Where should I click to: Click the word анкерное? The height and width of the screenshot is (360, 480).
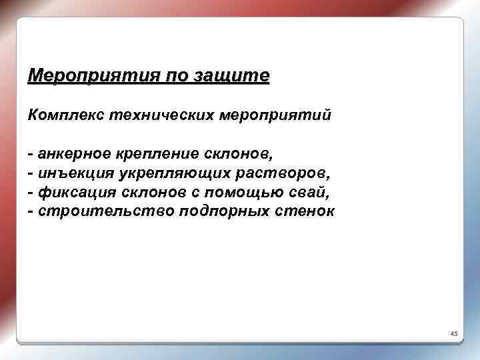(75, 154)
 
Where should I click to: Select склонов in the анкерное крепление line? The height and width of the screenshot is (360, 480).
(238, 154)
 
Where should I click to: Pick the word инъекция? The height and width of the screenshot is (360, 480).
(75, 173)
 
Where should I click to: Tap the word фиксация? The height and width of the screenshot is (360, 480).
(74, 193)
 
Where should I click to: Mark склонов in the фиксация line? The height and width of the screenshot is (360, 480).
(153, 193)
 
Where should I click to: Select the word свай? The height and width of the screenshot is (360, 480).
(311, 193)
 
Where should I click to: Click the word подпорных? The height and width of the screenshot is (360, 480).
(221, 212)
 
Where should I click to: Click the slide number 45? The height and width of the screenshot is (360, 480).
(453, 333)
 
